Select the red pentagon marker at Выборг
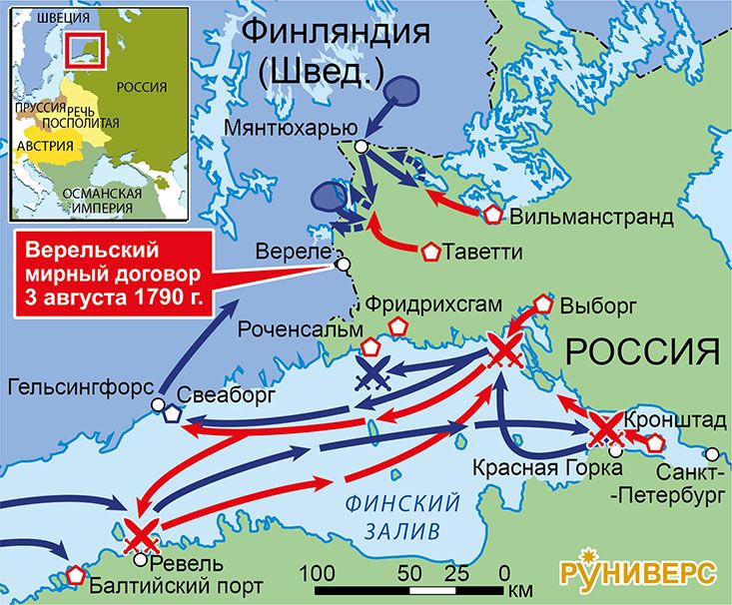(544, 302)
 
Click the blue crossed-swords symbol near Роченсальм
(372, 376)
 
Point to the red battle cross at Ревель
(140, 536)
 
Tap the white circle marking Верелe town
(344, 265)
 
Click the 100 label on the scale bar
(317, 573)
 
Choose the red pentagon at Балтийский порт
(76, 574)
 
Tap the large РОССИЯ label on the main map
(643, 352)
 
